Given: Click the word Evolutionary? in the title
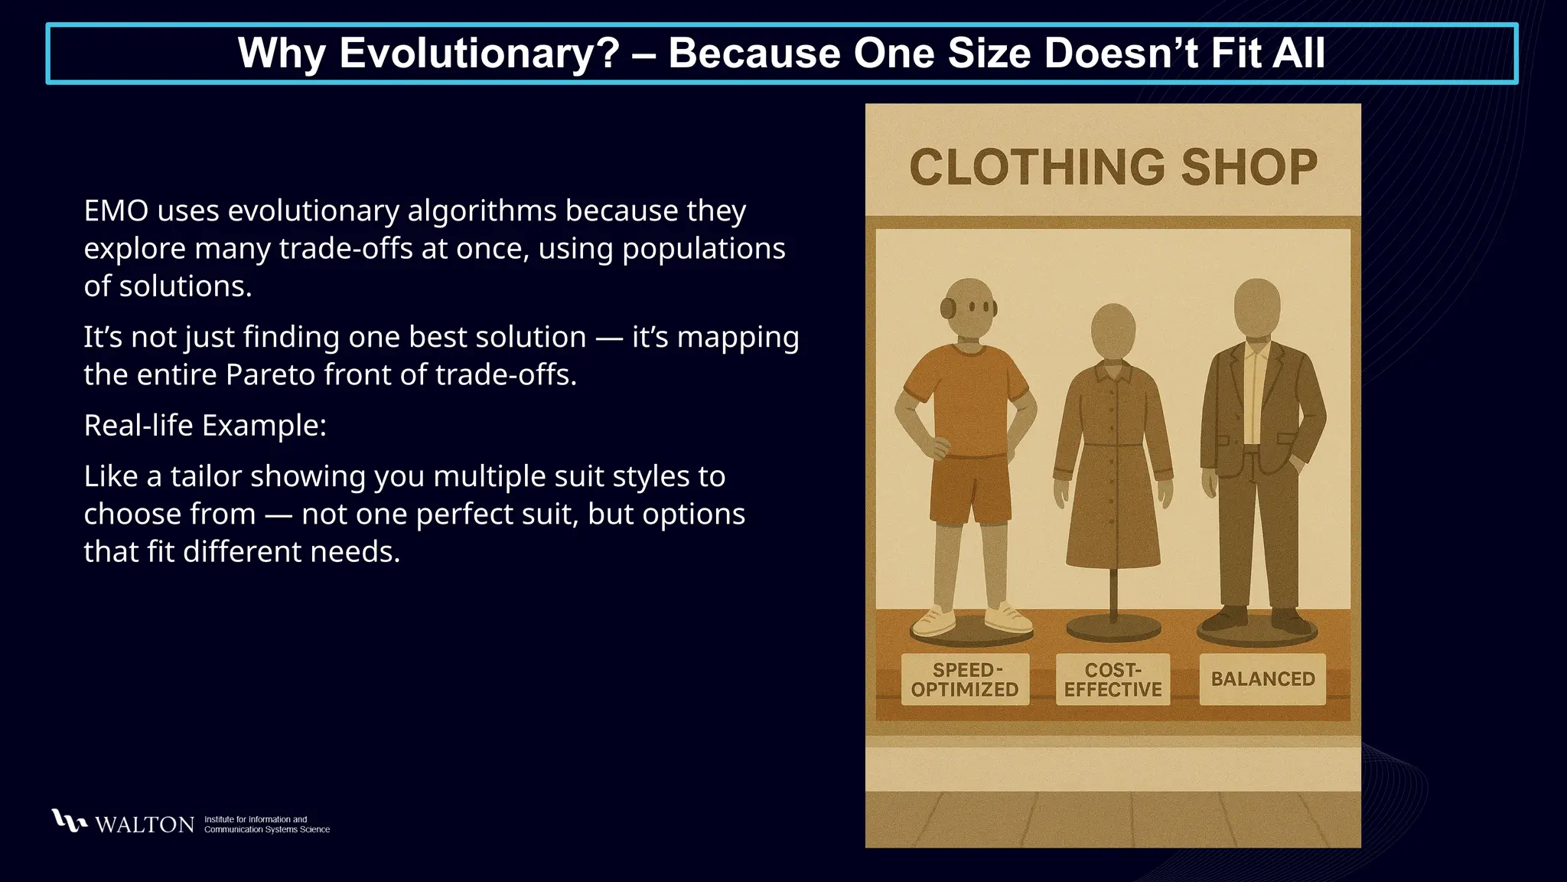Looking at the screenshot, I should tap(480, 54).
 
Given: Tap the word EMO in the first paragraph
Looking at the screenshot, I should tap(116, 211).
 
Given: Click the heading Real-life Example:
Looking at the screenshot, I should tap(205, 426).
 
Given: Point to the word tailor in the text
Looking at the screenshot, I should tap(204, 477).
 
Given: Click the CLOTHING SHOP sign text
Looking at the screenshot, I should tap(1113, 168).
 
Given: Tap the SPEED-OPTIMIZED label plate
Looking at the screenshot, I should tap(965, 679).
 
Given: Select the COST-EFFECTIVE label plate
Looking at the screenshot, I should tap(1113, 679).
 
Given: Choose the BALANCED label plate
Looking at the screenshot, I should tap(1262, 679).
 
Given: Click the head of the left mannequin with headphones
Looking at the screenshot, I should tap(969, 307).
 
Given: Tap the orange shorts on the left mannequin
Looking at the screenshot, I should tap(969, 490).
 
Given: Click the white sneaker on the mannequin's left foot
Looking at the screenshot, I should tap(1008, 618).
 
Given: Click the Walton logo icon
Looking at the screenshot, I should tap(68, 821).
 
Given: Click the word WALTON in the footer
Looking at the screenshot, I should tap(145, 825).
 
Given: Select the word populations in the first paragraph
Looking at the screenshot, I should tap(703, 249).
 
